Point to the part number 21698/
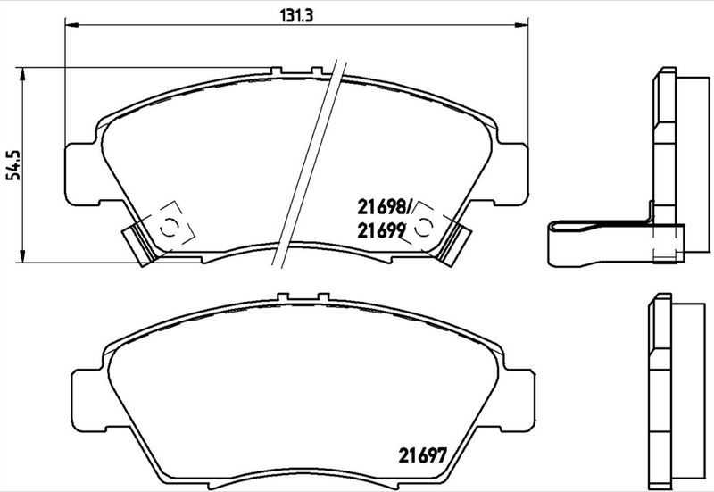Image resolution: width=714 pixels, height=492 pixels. click(x=384, y=207)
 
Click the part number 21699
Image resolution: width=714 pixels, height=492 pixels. click(x=382, y=230)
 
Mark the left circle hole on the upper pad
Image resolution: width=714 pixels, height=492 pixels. click(x=166, y=226)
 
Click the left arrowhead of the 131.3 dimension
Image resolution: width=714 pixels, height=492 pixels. click(x=69, y=27)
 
